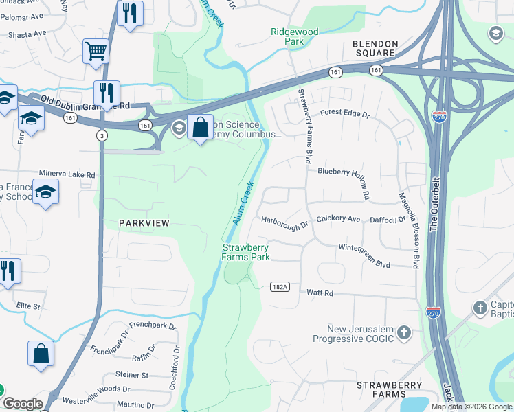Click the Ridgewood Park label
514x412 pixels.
295,36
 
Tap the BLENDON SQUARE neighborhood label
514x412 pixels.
375,47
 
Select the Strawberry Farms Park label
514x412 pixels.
245,252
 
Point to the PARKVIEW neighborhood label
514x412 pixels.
144,223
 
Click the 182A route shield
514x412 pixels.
279,286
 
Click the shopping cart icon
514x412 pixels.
96,51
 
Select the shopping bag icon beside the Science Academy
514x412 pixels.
200,128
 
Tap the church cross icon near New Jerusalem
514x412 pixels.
405,333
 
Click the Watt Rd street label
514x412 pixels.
320,293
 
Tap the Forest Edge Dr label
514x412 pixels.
344,111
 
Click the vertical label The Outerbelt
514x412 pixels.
434,199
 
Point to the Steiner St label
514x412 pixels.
132,375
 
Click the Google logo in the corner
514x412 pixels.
23,404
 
